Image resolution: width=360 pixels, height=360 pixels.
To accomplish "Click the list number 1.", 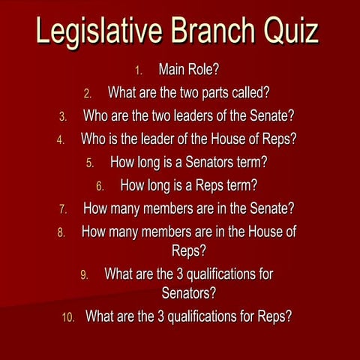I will (x=138, y=71).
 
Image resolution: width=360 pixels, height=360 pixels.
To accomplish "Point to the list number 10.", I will (x=68, y=316).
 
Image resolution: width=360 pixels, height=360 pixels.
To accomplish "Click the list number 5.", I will (x=90, y=162).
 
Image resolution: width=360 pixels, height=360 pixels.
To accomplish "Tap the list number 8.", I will (x=61, y=232).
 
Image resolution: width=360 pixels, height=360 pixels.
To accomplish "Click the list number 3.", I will (x=63, y=117).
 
